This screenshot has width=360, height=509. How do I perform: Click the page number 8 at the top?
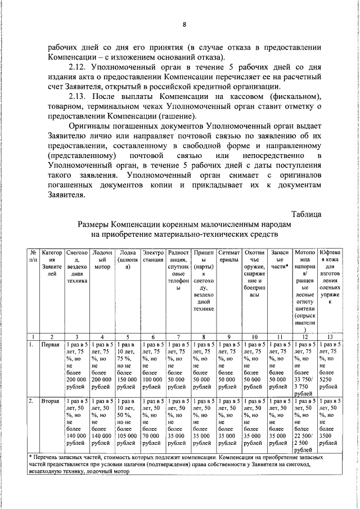(184, 24)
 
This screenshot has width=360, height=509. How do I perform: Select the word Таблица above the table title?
(307, 213)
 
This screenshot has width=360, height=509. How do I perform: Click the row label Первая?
(50, 344)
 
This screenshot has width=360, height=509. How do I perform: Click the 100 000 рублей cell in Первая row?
(153, 367)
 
